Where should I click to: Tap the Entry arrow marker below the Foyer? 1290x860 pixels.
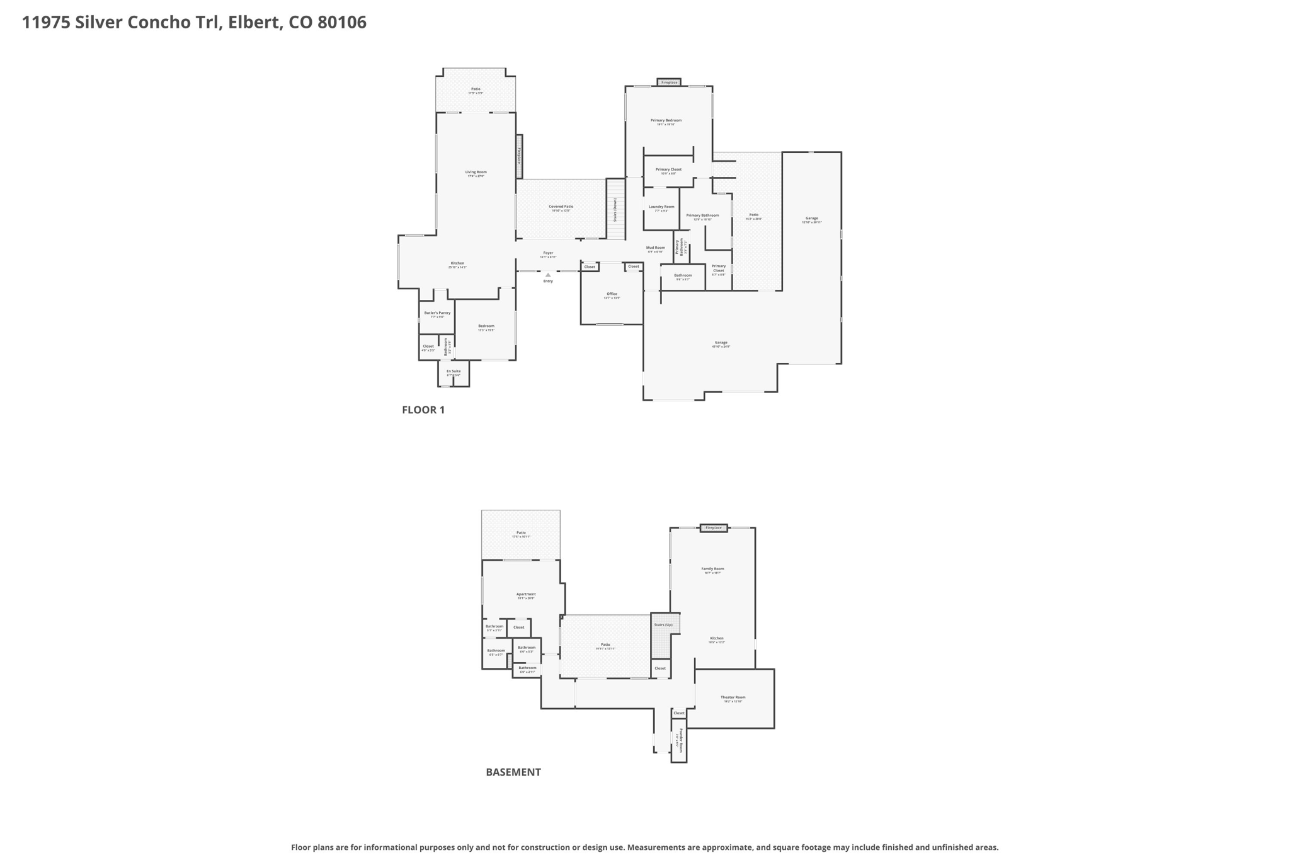(548, 275)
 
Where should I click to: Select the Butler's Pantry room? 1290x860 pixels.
(437, 314)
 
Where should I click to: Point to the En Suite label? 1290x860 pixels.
(454, 372)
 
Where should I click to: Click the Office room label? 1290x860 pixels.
(612, 295)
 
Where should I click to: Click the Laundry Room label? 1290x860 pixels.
(661, 208)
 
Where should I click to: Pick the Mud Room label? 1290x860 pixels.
(655, 249)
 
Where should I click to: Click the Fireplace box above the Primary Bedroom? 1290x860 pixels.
(669, 83)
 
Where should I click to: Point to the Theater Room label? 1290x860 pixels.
(733, 698)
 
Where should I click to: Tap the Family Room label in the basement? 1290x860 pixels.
(712, 570)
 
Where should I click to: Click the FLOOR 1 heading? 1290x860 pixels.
(423, 410)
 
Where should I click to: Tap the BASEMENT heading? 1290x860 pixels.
(513, 772)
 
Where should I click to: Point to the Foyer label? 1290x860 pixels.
(548, 254)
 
